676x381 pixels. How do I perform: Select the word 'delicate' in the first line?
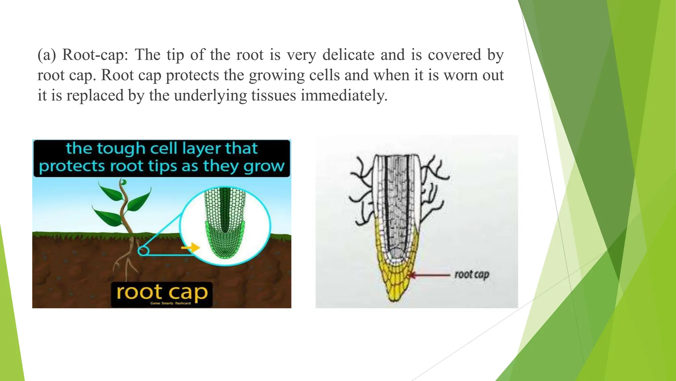pyautogui.click(x=348, y=55)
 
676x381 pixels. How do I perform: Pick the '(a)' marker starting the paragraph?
pyautogui.click(x=47, y=55)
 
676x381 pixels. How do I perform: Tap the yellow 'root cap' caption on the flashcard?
pyautogui.click(x=162, y=292)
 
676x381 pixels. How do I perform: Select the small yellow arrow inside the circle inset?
pyautogui.click(x=191, y=247)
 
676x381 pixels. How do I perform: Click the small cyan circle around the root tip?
pyautogui.click(x=143, y=251)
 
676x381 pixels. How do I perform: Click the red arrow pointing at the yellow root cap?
pyautogui.click(x=429, y=275)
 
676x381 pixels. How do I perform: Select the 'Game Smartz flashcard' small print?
pyautogui.click(x=170, y=303)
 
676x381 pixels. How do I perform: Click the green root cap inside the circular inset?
pyautogui.click(x=225, y=245)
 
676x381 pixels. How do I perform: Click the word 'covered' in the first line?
pyautogui.click(x=454, y=55)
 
